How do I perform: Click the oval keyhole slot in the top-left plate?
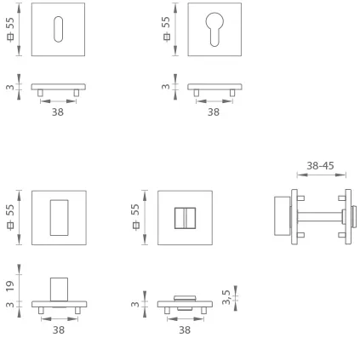[x=58, y=29]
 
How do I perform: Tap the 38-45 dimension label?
[x=320, y=165]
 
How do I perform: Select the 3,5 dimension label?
[x=226, y=297]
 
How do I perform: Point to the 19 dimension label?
[x=10, y=286]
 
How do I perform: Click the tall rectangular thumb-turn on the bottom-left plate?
[x=60, y=218]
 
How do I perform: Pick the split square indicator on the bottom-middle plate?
[x=185, y=218]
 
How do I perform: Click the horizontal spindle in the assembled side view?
[x=319, y=217]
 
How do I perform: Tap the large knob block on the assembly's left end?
[x=283, y=216]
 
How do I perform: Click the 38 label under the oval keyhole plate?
[x=58, y=112]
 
